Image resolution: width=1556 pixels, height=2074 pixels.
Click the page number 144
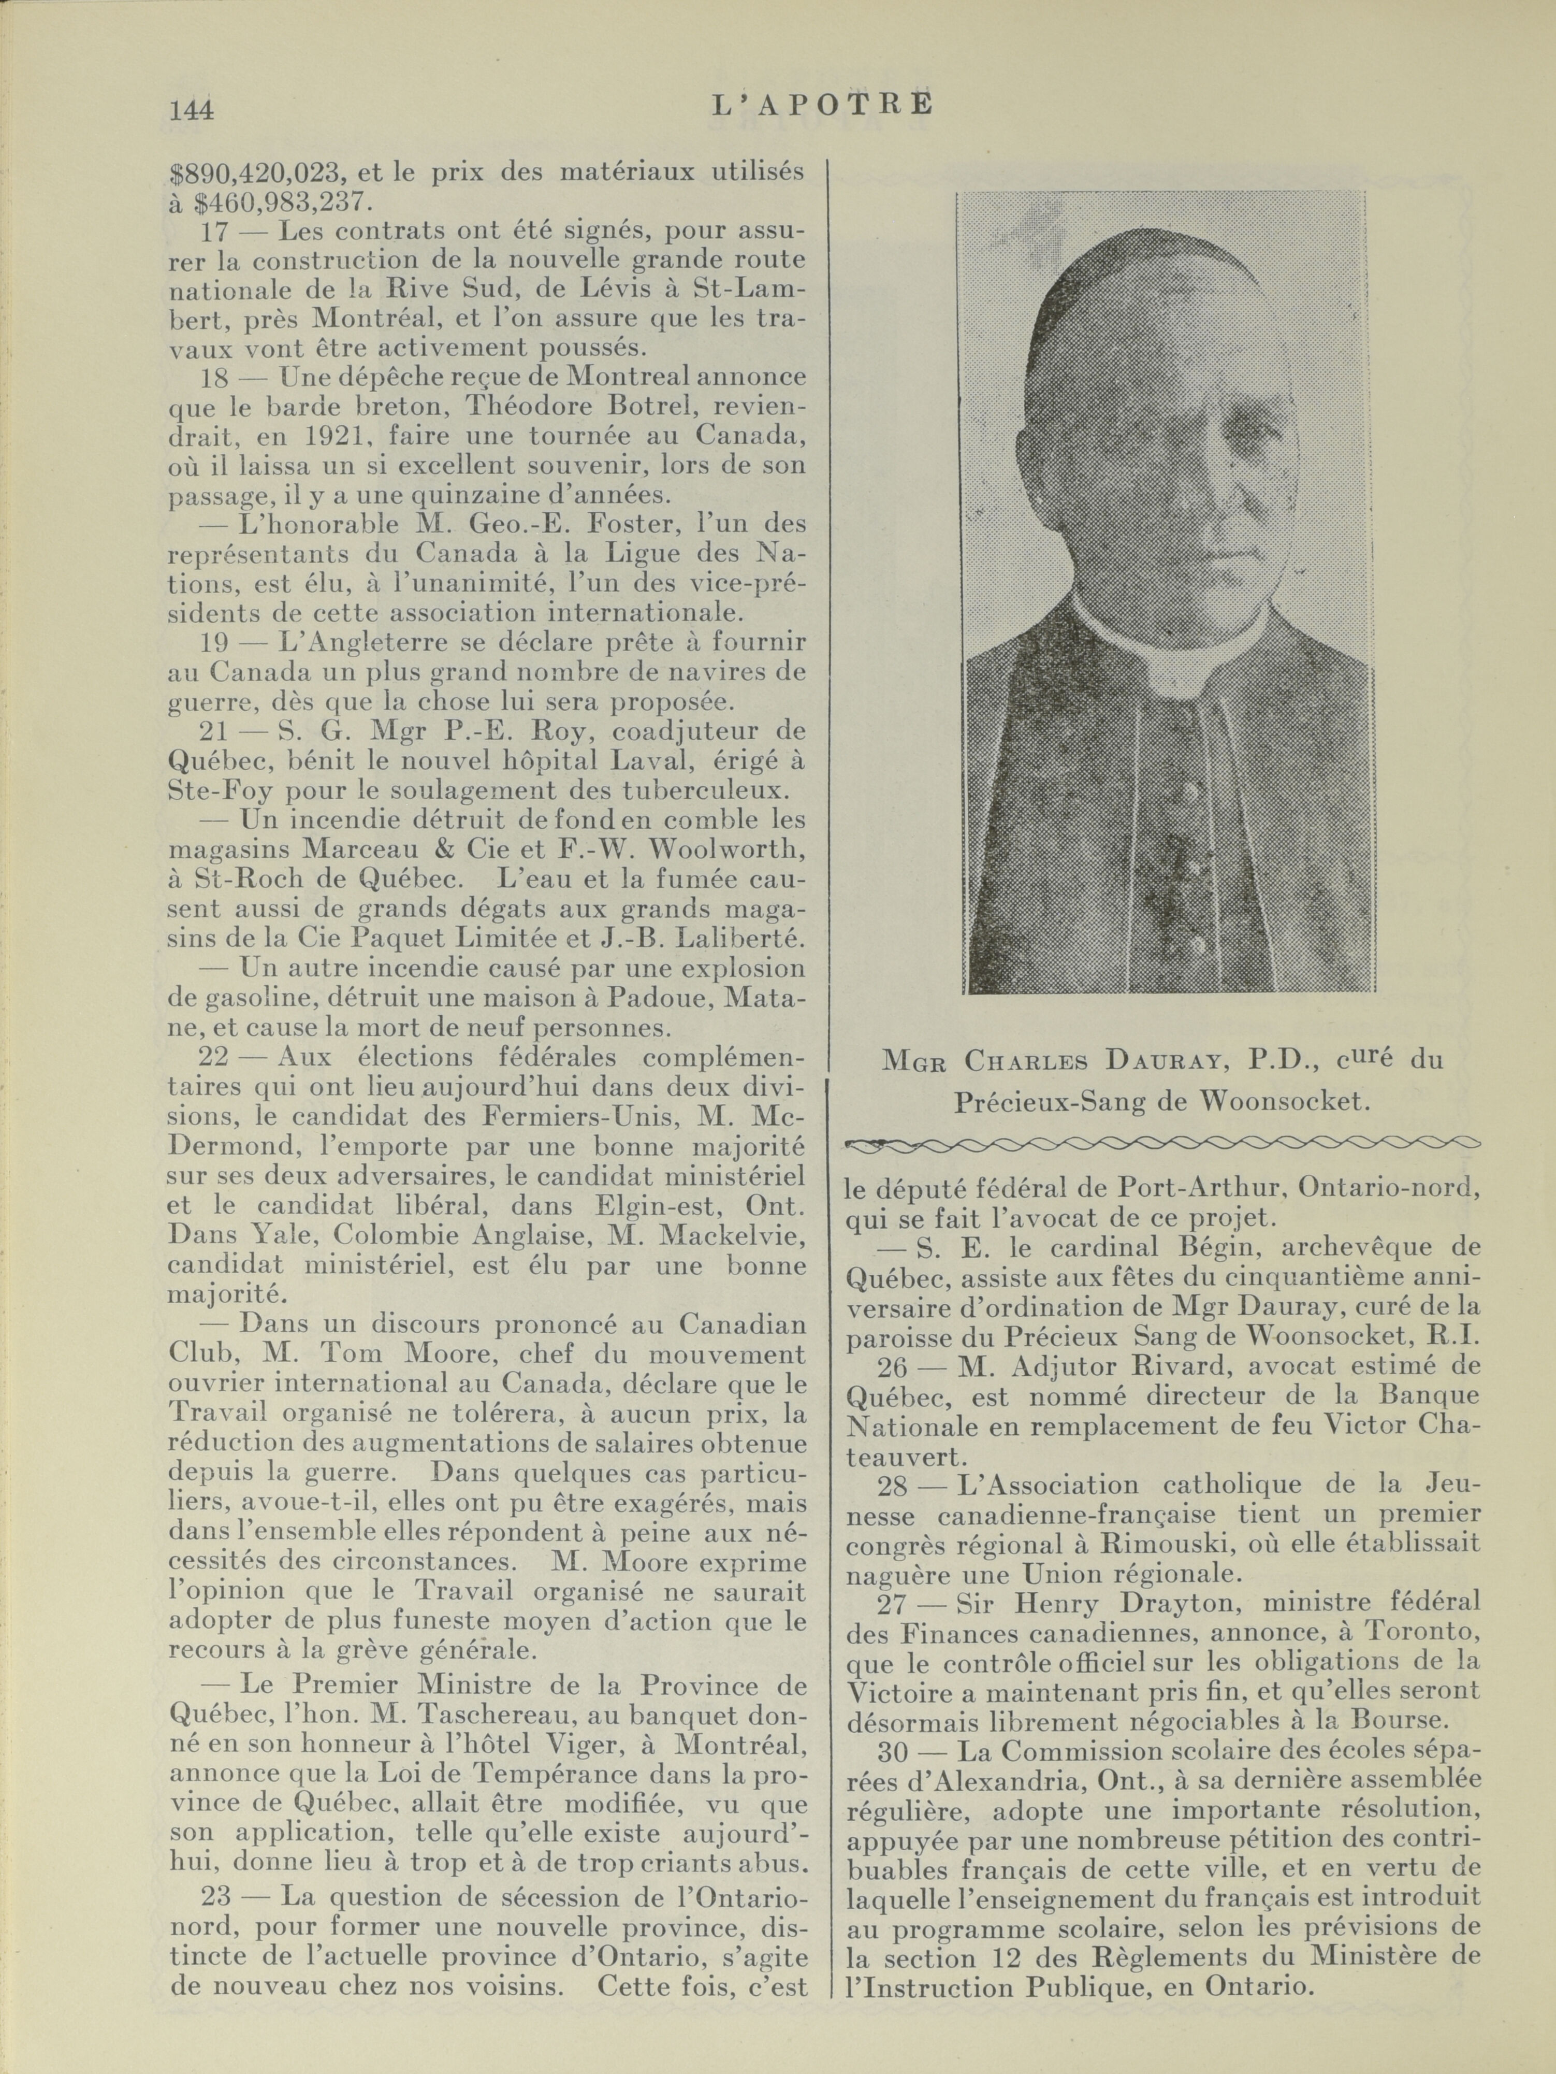(191, 111)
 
